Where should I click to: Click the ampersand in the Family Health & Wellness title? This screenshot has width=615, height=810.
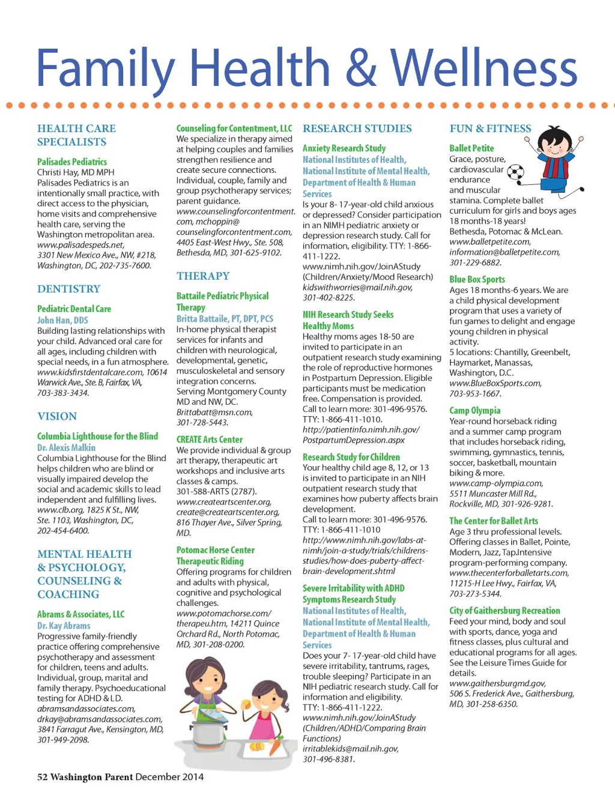click(361, 68)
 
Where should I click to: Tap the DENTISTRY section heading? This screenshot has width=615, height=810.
click(68, 289)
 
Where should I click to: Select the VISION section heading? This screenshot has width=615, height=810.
click(57, 416)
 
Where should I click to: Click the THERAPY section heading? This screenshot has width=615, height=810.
click(203, 276)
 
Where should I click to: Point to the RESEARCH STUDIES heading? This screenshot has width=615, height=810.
click(357, 128)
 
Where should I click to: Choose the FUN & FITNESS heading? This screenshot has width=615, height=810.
click(490, 128)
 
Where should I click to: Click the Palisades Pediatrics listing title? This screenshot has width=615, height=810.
click(72, 162)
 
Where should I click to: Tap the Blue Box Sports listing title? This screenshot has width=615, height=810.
click(477, 279)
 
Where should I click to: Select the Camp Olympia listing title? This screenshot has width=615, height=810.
click(474, 410)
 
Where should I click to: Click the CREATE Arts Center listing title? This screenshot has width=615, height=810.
click(210, 440)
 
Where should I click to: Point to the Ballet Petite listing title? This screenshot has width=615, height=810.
click(471, 148)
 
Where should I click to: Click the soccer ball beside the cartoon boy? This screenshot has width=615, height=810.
click(515, 174)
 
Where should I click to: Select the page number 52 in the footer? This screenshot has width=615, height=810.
click(42, 777)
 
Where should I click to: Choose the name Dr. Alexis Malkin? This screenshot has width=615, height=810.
click(66, 447)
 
